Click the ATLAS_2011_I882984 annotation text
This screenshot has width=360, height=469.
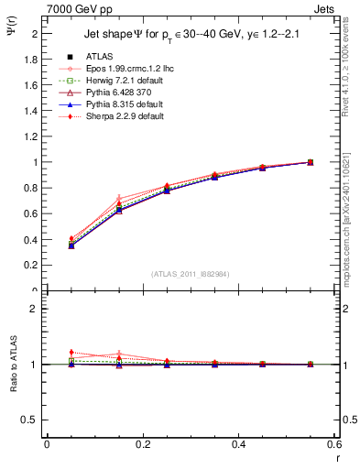click(191, 274)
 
